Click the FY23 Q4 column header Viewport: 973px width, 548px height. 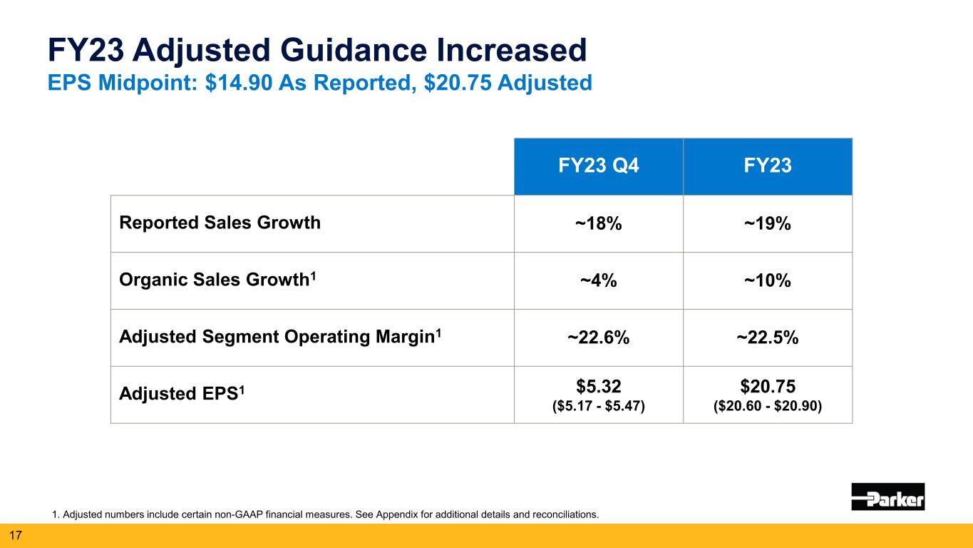(598, 166)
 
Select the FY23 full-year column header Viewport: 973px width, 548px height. (768, 166)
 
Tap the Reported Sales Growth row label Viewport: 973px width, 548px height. (220, 223)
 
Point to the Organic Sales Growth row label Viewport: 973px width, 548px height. (216, 280)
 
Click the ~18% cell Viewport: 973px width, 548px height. (598, 224)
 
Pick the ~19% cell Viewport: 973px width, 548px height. (768, 224)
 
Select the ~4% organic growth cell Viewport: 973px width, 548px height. (598, 281)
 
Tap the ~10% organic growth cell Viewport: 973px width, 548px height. (768, 281)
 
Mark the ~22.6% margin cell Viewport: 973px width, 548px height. (598, 338)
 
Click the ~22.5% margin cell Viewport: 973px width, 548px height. (768, 338)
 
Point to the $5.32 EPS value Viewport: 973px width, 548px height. (598, 387)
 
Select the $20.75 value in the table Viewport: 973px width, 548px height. (768, 387)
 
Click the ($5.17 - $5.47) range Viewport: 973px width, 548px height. (598, 406)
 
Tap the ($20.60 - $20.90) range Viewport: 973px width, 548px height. (768, 406)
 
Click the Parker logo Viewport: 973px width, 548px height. (887, 496)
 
